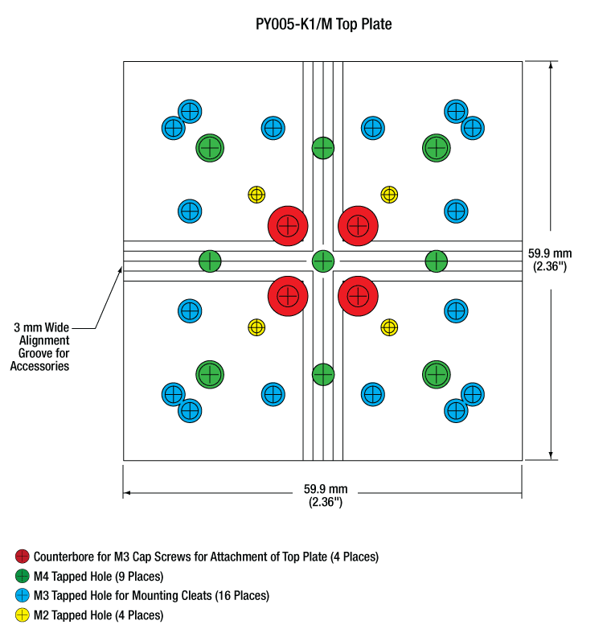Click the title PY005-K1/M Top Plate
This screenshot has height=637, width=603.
click(323, 24)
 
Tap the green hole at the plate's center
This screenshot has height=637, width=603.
click(323, 261)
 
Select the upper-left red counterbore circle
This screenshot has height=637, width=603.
click(288, 226)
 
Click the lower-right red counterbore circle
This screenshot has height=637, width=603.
click(358, 296)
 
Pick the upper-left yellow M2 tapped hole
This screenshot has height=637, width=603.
click(256, 195)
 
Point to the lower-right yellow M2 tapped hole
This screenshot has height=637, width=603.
click(389, 327)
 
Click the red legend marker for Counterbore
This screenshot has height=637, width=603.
click(23, 557)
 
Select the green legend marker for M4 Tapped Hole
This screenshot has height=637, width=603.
click(23, 576)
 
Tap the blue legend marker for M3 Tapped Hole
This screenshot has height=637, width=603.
click(23, 595)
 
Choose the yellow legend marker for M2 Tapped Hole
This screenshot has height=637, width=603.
click(23, 615)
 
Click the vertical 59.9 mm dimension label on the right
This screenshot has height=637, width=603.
click(550, 260)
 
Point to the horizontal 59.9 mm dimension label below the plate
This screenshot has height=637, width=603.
click(326, 495)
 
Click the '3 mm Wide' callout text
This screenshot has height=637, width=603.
click(42, 327)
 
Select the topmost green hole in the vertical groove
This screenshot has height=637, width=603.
click(323, 148)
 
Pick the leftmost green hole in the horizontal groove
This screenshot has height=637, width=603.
click(210, 261)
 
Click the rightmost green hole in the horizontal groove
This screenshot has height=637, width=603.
click(437, 261)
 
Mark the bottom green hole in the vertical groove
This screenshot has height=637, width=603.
click(323, 374)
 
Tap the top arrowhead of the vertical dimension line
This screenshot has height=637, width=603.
click(551, 65)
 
